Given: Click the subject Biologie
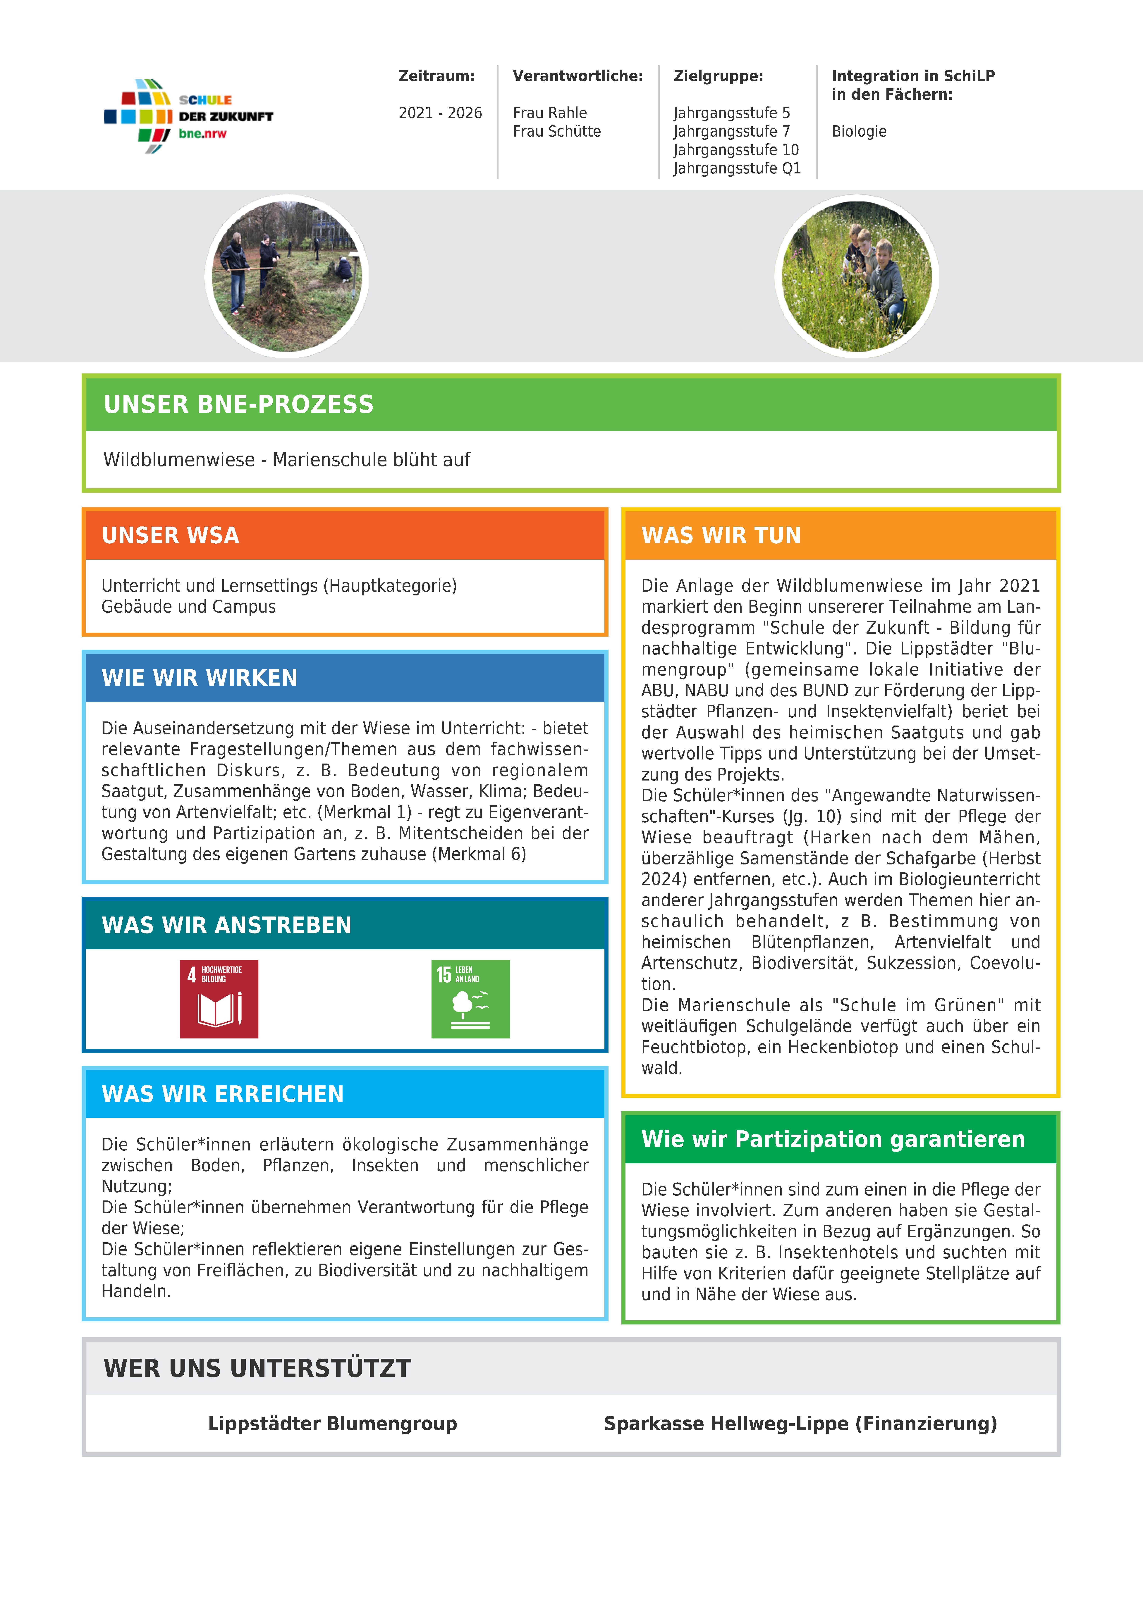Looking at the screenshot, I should pos(859,132).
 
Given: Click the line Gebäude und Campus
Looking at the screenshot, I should pos(189,607).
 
